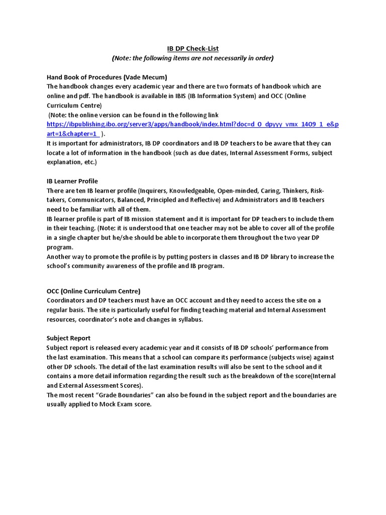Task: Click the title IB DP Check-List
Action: (x=193, y=49)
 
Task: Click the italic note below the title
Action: (x=193, y=58)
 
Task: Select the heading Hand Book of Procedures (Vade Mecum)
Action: (x=107, y=77)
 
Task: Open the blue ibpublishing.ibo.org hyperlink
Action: (x=192, y=124)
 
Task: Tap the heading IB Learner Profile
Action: (x=72, y=181)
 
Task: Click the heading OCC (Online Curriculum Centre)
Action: (x=93, y=291)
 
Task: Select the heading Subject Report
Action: (x=68, y=338)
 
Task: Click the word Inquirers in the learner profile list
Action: (x=152, y=191)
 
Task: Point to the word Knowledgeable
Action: (x=195, y=191)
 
